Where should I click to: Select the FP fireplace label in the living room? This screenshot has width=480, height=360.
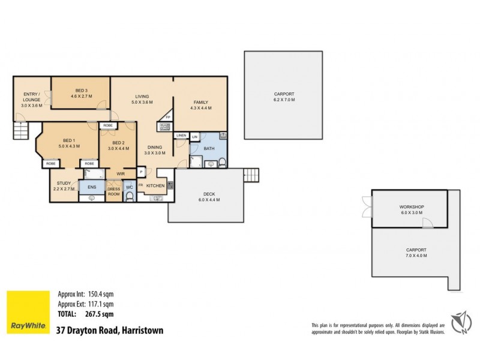coord(168,116)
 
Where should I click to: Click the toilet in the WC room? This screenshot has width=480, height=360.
coord(129,196)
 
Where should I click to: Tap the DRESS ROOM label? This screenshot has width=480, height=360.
coord(113,192)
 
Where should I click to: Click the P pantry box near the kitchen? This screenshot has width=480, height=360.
coord(142,172)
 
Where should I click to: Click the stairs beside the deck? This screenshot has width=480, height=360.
coord(251,175)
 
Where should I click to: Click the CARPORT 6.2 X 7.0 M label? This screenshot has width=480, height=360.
coord(284,97)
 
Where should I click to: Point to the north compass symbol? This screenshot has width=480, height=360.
coord(461,322)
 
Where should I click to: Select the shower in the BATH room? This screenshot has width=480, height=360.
coord(196,160)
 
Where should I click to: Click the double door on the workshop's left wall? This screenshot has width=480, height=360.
coord(367,207)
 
